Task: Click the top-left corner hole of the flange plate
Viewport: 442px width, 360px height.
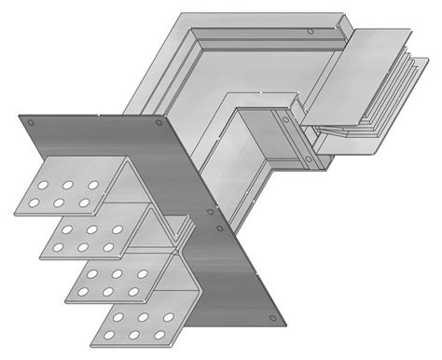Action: (x=30, y=122)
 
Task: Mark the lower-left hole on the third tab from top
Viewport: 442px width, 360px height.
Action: (x=84, y=292)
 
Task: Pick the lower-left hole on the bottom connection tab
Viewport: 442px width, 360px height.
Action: (x=109, y=335)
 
